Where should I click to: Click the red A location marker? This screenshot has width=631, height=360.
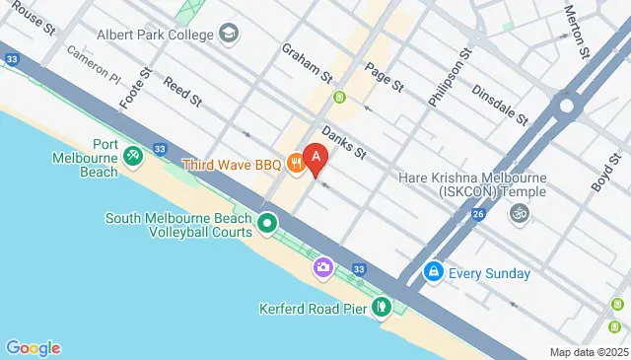[315, 155]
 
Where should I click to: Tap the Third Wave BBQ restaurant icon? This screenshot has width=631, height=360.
[295, 164]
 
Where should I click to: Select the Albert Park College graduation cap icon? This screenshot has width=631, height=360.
[229, 36]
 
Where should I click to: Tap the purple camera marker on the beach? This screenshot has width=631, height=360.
[322, 266]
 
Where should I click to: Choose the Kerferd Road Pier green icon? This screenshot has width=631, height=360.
[382, 309]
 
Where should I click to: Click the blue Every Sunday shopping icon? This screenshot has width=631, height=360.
[432, 272]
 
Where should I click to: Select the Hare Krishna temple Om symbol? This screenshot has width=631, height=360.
[518, 212]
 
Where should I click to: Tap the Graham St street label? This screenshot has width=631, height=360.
[308, 61]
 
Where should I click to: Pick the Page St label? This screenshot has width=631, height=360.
[385, 77]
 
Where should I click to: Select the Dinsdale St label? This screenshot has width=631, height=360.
[500, 102]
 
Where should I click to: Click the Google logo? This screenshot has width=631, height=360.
[33, 347]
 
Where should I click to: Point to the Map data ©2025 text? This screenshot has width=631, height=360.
[589, 352]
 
